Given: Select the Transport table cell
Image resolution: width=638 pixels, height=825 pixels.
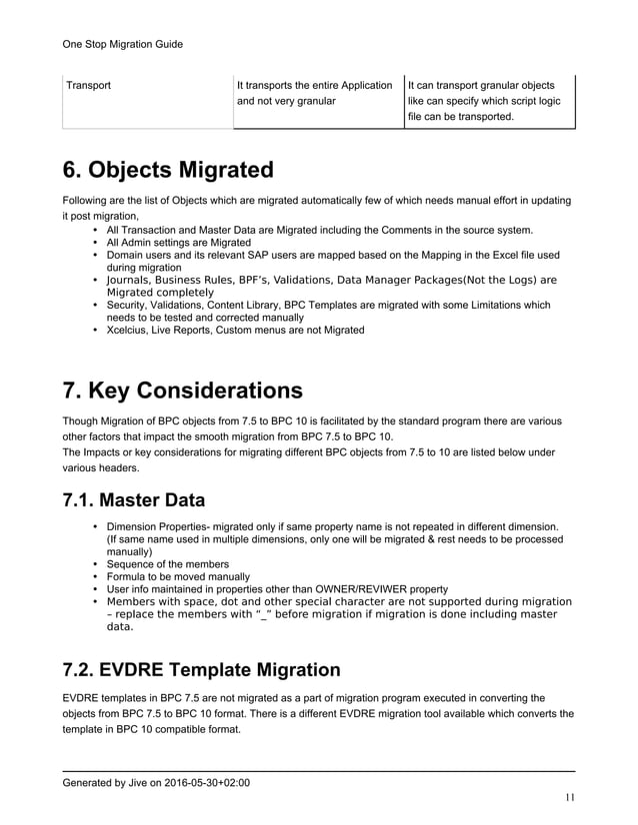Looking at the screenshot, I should coord(88,85).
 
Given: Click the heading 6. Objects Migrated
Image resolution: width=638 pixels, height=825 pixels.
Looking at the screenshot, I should coord(167,169).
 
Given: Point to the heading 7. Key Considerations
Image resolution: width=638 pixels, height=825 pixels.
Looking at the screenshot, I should coord(182,390).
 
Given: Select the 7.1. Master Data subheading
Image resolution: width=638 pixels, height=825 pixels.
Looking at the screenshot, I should coord(134,497).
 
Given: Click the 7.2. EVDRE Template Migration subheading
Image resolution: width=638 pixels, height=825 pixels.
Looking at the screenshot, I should coord(201,668).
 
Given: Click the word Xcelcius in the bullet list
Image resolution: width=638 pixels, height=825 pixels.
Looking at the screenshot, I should coord(129,330).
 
